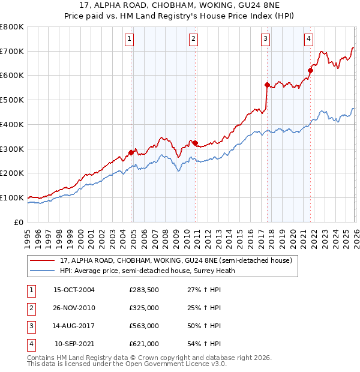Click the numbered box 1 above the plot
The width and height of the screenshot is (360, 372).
click(130, 40)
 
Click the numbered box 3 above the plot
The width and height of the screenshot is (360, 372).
click(265, 40)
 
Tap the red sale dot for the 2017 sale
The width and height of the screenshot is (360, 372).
click(267, 85)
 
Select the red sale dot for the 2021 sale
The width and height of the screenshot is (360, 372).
click(310, 71)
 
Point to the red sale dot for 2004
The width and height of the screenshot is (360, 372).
click(131, 152)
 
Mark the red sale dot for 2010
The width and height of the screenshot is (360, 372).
click(196, 142)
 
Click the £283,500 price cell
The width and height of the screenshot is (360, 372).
click(144, 290)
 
